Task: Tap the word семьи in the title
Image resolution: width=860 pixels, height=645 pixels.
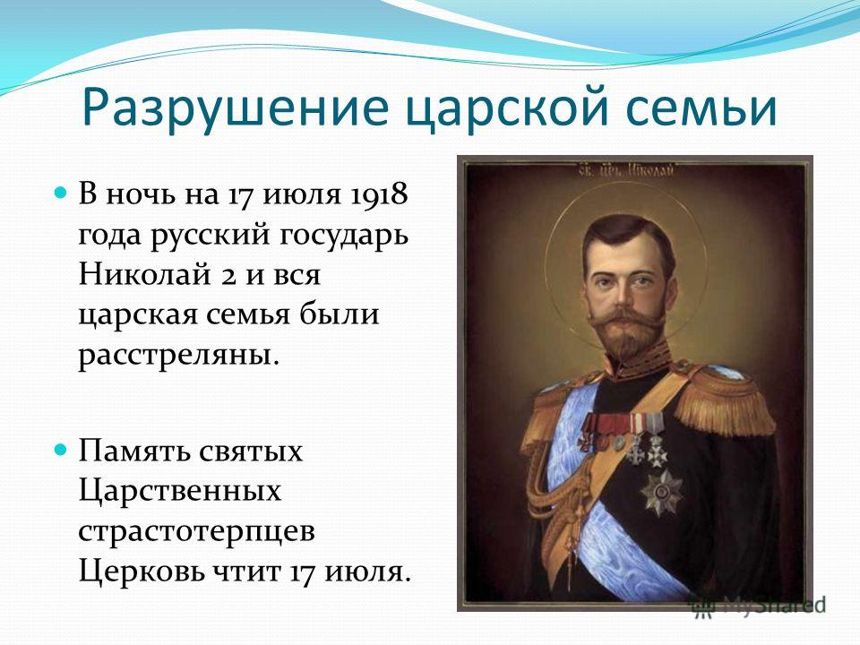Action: click(701, 107)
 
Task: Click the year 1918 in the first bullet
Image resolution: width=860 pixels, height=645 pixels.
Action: click(377, 194)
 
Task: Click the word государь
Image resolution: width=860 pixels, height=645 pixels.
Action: click(344, 236)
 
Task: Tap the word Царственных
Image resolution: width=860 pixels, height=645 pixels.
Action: click(180, 492)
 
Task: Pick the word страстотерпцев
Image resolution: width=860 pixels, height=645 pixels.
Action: click(197, 532)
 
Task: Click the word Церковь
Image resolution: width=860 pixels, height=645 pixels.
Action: click(141, 572)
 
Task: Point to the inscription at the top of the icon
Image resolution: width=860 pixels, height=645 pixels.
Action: click(625, 170)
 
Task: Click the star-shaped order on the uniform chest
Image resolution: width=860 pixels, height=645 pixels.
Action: click(661, 493)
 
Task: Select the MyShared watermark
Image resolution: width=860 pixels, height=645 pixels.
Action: click(759, 605)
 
